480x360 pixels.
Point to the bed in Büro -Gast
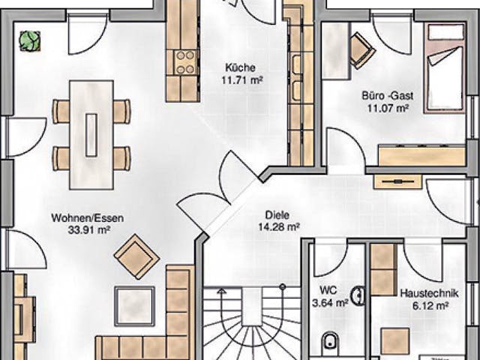(445, 67)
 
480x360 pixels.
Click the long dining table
(91, 134)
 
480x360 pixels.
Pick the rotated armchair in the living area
(136, 256)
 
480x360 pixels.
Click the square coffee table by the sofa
(134, 306)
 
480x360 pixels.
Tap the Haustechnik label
(424, 294)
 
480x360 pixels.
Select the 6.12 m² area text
(424, 305)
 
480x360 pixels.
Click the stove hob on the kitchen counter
(184, 63)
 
